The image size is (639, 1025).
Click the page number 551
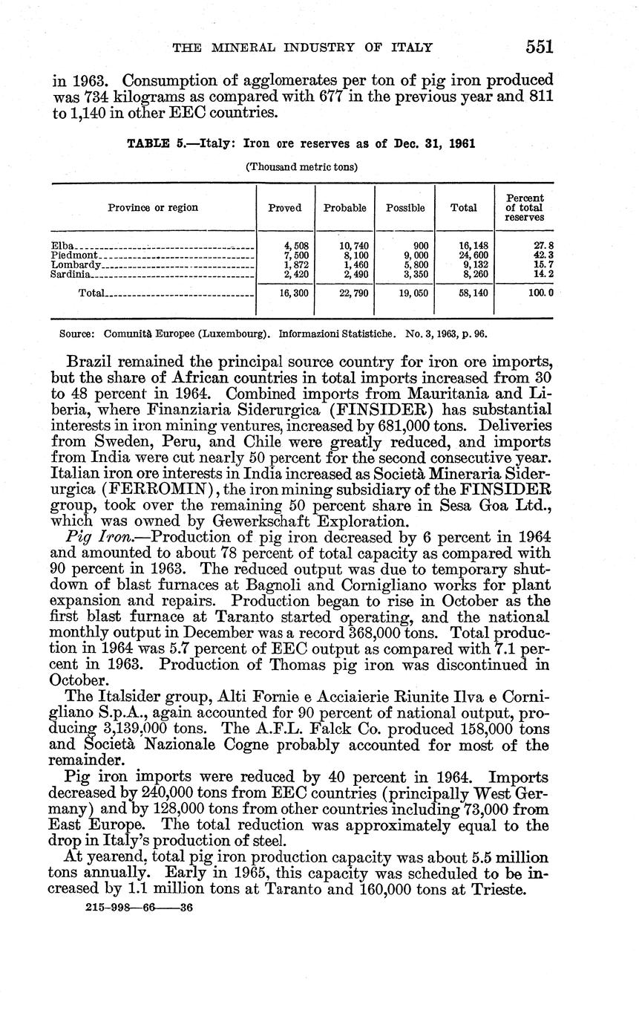[540, 46]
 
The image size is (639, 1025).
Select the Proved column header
[285, 208]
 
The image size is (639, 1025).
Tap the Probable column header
[344, 208]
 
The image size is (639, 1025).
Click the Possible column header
[405, 208]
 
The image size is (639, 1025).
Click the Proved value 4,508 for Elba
[296, 245]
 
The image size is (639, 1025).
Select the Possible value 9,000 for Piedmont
[416, 255]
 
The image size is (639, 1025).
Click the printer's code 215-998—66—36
[140, 908]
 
